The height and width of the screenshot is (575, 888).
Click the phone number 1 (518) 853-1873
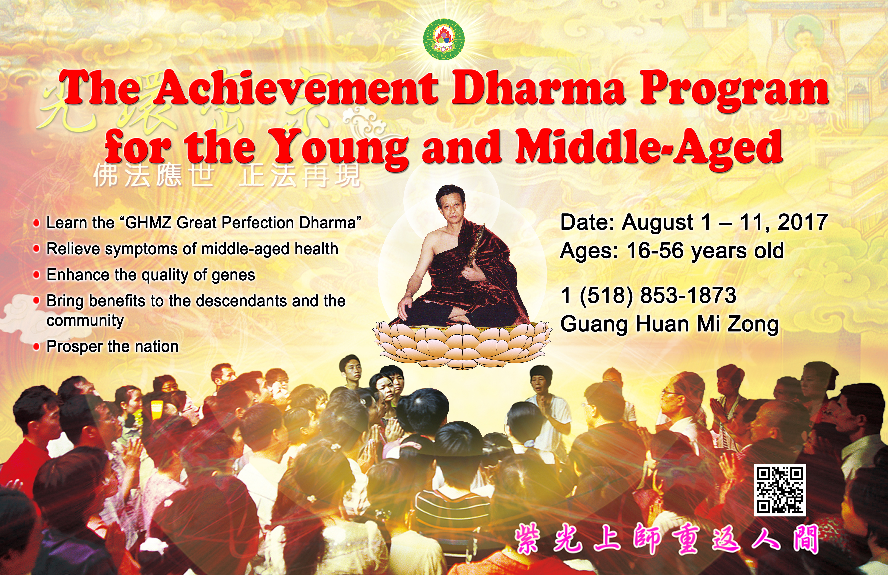click(x=648, y=296)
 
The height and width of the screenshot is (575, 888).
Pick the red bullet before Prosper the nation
click(x=36, y=347)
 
